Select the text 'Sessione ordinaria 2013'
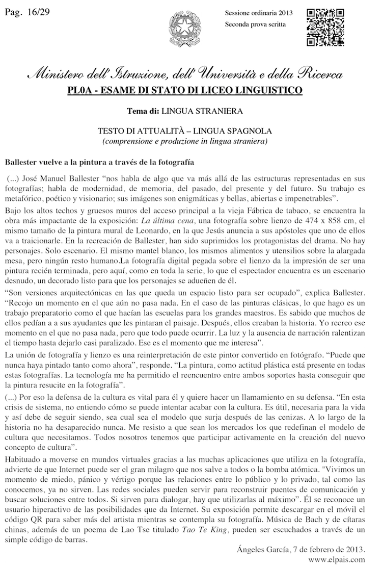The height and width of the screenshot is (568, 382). pos(258,13)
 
